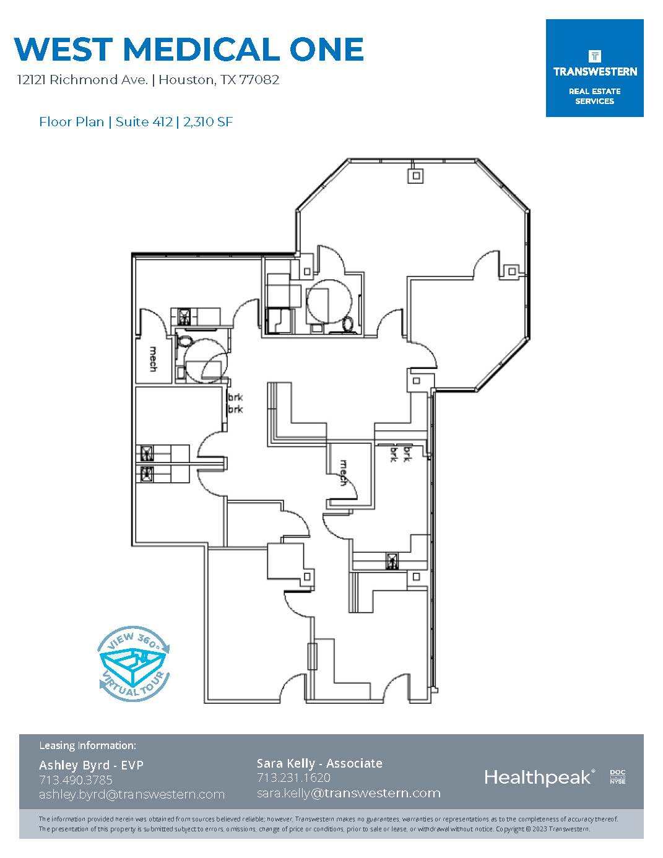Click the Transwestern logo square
click(594, 68)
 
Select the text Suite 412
click(144, 121)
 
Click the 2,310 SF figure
click(208, 121)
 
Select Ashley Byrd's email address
click(132, 794)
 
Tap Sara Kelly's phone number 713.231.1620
click(294, 777)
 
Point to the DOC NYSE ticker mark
click(618, 777)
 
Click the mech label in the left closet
click(153, 359)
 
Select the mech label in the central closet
click(344, 472)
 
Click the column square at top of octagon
click(416, 175)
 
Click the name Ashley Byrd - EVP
click(91, 765)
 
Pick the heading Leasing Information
click(88, 745)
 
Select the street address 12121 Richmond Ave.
click(82, 80)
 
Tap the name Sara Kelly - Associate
click(319, 763)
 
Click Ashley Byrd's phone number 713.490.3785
click(76, 780)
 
